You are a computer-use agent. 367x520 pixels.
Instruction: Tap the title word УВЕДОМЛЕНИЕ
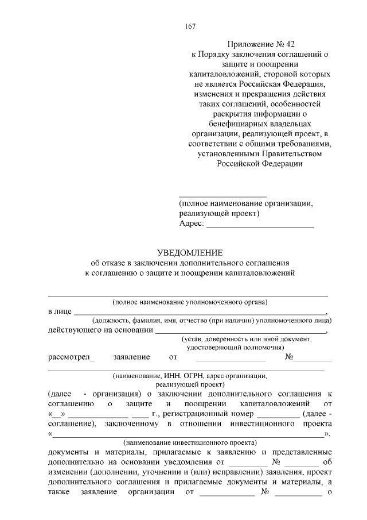[x=189, y=252]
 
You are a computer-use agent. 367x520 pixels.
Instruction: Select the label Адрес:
[x=191, y=224]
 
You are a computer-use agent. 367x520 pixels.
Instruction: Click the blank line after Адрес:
[x=260, y=225]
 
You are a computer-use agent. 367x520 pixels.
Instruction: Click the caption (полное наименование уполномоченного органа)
[x=190, y=302]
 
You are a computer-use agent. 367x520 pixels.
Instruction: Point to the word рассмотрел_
[x=72, y=357]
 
